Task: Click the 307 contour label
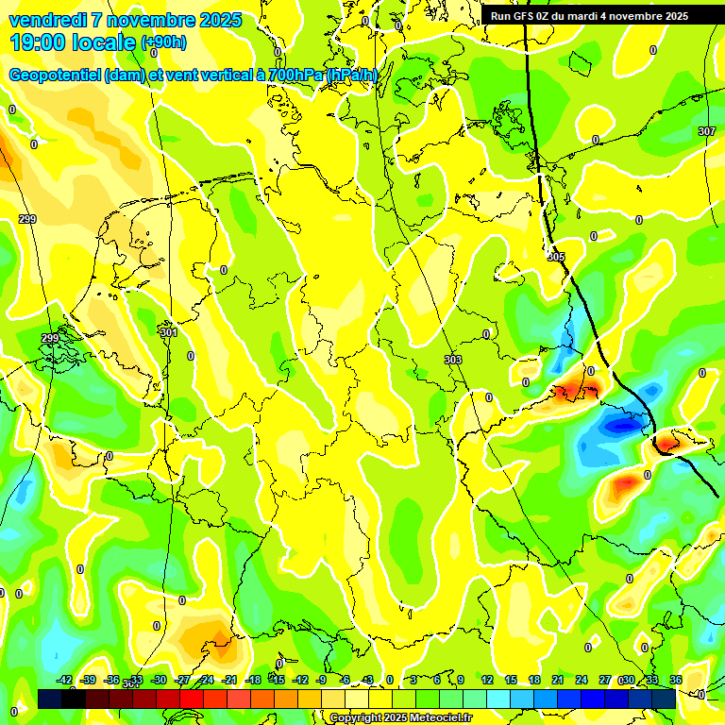tap(707, 131)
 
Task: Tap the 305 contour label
tap(555, 256)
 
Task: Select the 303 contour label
tap(452, 360)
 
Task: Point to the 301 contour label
tap(168, 332)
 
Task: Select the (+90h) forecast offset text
tap(163, 42)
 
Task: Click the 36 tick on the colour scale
tap(676, 680)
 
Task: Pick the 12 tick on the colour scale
tap(487, 680)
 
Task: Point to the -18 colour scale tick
tap(253, 680)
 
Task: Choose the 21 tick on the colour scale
tap(558, 680)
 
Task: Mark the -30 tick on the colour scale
tap(159, 680)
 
